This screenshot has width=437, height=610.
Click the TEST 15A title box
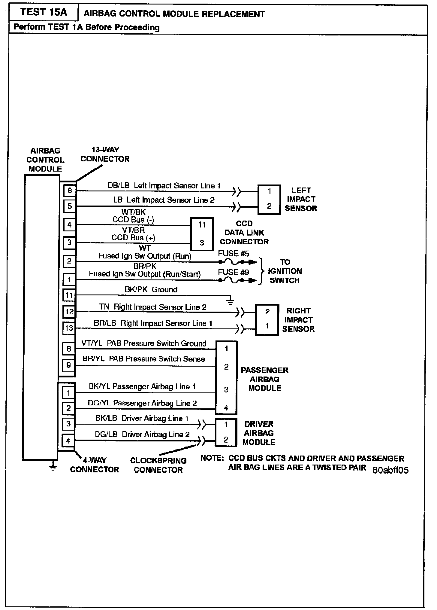44,12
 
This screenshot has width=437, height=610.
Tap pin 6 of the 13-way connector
70,191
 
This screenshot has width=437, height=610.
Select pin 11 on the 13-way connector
69,295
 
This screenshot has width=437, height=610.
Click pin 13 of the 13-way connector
69,328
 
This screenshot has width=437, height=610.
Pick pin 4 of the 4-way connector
68,441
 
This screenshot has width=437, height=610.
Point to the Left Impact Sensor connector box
269,199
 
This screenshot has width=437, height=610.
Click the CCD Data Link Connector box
202,234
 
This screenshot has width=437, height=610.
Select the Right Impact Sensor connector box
267,319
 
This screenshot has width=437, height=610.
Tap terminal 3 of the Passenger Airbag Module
226,390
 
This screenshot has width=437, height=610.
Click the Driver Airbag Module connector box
226,432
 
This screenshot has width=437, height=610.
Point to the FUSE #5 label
234,254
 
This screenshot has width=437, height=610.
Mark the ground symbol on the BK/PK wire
230,302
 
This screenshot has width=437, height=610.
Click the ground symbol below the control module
53,467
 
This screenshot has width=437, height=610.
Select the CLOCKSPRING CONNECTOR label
158,465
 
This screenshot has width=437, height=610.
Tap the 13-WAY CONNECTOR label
105,154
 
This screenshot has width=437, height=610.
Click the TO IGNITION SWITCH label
285,271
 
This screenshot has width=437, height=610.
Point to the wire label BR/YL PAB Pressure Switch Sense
143,359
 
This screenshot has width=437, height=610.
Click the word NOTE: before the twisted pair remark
212,459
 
